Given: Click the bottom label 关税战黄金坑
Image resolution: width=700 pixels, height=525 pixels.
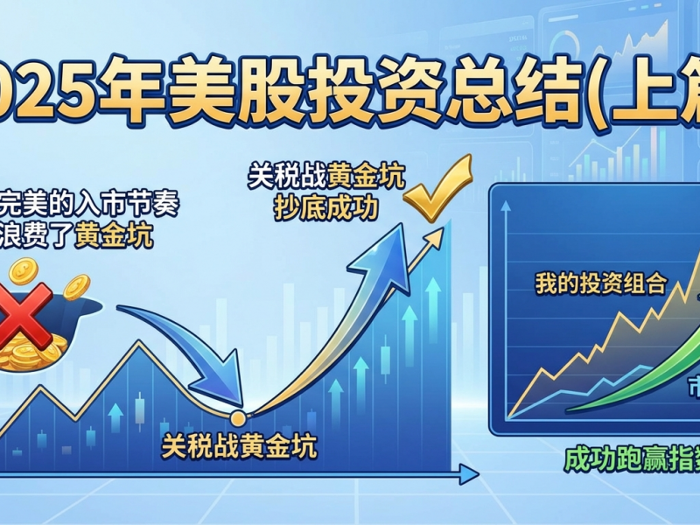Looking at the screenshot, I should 239,447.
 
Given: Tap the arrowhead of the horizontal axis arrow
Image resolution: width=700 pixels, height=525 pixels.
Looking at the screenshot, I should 470,475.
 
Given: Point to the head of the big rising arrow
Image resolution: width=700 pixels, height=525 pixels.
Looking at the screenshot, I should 394,241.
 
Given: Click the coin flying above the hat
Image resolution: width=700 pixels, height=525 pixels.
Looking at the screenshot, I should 76,284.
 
